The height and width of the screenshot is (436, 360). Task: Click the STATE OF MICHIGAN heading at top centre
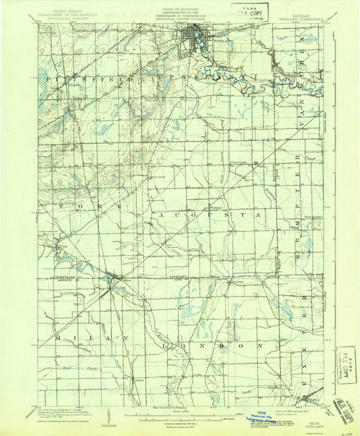[x=179, y=8]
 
